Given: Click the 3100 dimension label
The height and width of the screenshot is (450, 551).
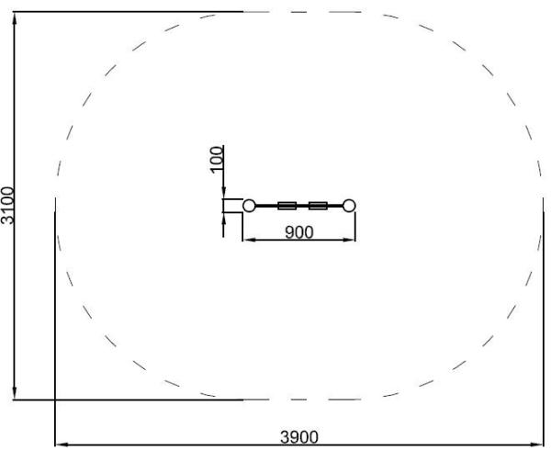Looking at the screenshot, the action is tap(7, 206).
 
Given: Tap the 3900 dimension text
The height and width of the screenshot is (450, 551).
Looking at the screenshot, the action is tap(299, 437).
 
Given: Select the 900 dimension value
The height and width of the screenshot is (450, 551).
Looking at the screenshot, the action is tap(299, 232).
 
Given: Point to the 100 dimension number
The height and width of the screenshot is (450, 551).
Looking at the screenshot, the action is tap(217, 160).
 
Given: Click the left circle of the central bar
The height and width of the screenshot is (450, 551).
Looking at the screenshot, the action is tap(249, 206).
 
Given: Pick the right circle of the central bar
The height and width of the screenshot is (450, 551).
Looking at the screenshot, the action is tap(349, 206).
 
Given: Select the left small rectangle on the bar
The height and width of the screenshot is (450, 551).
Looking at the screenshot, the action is tap(287, 206).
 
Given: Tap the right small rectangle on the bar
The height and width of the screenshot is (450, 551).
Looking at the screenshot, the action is tap(318, 206).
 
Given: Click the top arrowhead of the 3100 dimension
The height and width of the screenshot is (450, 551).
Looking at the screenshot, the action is tap(15, 18).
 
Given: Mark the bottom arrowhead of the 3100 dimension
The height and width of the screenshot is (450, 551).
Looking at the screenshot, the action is tap(15, 393).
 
